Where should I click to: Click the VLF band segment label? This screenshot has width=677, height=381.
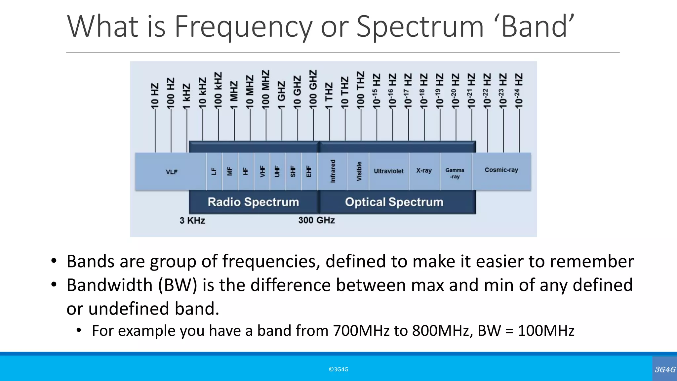pos(172,172)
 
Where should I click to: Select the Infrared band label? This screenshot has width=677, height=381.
pos(333,171)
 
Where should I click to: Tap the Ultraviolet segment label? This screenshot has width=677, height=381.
pos(388,171)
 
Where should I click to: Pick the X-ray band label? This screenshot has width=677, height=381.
pos(424,171)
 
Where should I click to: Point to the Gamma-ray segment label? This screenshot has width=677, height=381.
pos(455,173)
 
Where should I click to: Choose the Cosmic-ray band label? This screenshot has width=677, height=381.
pos(501,170)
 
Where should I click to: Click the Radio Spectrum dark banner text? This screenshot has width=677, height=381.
pos(253,202)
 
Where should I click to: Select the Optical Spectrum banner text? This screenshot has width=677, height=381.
pos(394,202)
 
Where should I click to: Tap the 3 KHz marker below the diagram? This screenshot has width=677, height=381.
pos(192,221)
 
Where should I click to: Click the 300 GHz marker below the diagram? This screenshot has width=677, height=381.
pos(316,220)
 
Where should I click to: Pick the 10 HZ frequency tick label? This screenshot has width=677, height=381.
pos(155,96)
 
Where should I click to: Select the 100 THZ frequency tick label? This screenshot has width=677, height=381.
pos(360,90)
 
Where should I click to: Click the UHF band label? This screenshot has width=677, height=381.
pos(277,171)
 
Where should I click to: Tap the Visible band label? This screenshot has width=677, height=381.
pos(359,171)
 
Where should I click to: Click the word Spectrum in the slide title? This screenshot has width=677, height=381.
pos(420,26)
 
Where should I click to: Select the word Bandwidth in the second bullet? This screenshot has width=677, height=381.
pos(109,285)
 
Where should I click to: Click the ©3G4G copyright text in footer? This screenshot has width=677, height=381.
pos(338,369)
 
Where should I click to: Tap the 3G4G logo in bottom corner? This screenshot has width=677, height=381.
pos(665,369)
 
